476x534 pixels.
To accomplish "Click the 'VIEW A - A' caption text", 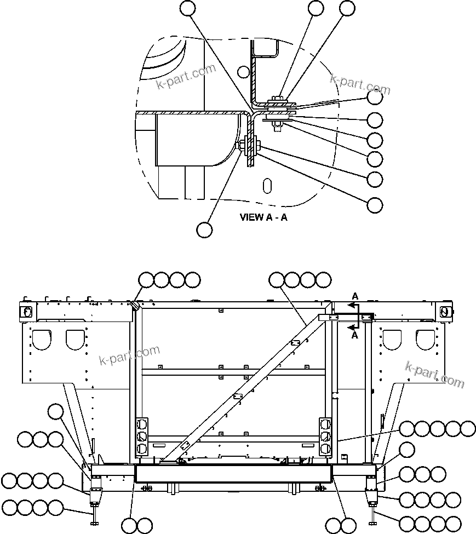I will click(263, 217).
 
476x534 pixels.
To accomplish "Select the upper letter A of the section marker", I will click(355, 296).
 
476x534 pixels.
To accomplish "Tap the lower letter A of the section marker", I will click(355, 335).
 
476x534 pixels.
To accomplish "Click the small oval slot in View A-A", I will click(267, 185).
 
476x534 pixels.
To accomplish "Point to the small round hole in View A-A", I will click(244, 71).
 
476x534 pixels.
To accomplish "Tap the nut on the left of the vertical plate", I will click(241, 145).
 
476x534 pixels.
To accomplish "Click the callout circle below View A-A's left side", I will click(204, 229).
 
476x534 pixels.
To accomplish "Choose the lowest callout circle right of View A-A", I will click(375, 205).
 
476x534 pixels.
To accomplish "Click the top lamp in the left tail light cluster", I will click(142, 424).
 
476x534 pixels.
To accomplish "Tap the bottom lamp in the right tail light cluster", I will click(325, 449).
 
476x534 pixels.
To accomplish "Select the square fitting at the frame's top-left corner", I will click(25, 311).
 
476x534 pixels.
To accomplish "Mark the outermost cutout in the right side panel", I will click(425, 340).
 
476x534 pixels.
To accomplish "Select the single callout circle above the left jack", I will click(56, 411).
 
